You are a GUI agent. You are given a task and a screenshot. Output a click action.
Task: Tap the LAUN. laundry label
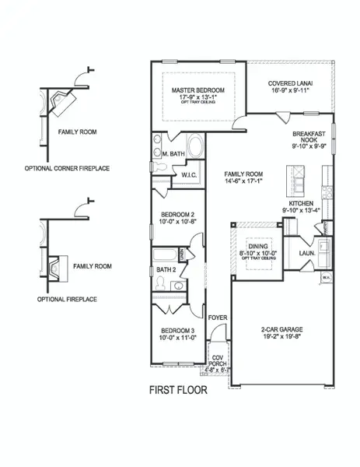(304, 251)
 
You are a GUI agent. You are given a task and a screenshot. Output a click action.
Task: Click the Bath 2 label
(166, 269)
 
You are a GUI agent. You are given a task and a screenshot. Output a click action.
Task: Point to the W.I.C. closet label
(189, 175)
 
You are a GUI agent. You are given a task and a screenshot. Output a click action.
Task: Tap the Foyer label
(217, 317)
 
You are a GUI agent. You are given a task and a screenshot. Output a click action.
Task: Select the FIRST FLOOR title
(178, 390)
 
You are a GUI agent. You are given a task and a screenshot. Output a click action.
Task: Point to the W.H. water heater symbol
(327, 276)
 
